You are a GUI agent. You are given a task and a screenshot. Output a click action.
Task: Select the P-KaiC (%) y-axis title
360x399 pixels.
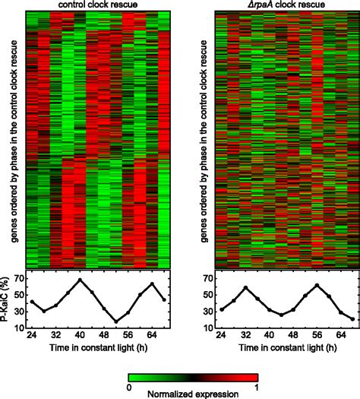(x=6, y=299)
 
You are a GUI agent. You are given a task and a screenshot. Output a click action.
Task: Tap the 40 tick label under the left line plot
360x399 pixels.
(x=80, y=335)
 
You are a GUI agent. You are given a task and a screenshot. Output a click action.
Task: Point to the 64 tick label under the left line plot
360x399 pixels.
(x=151, y=335)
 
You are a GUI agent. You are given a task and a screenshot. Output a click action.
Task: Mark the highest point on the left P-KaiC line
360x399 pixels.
(x=80, y=280)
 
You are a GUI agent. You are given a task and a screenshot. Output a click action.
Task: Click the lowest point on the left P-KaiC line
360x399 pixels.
(x=115, y=321)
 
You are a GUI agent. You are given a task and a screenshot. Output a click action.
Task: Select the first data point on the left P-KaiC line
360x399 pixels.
(x=32, y=302)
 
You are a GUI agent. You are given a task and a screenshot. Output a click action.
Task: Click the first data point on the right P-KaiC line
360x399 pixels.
(x=221, y=309)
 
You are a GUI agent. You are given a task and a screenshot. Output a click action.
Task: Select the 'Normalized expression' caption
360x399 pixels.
(x=194, y=394)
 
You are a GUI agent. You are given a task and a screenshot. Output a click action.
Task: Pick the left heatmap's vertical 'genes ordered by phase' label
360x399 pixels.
(x=16, y=136)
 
